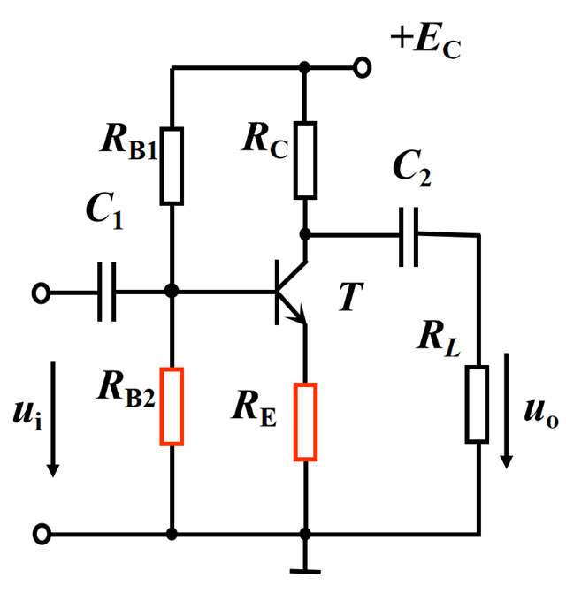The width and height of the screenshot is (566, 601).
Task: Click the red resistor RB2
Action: tap(172, 407)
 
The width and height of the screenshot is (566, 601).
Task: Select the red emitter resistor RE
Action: tap(305, 422)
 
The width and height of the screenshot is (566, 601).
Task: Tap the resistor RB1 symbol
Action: tap(172, 165)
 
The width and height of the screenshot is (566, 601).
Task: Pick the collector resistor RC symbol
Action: tap(305, 160)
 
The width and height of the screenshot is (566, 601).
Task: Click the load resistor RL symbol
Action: tap(478, 404)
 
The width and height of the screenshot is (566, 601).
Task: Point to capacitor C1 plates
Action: tap(106, 291)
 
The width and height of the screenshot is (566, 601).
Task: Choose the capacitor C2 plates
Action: tap(409, 235)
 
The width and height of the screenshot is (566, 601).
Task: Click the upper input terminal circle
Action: tap(41, 291)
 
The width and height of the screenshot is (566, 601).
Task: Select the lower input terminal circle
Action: tap(41, 534)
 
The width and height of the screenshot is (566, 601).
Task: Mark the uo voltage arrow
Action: tap(508, 410)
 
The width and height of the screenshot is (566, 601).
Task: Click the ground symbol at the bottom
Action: tap(305, 567)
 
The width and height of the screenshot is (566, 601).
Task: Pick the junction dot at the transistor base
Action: tap(172, 291)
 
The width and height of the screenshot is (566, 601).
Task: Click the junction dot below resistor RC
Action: tap(305, 234)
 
